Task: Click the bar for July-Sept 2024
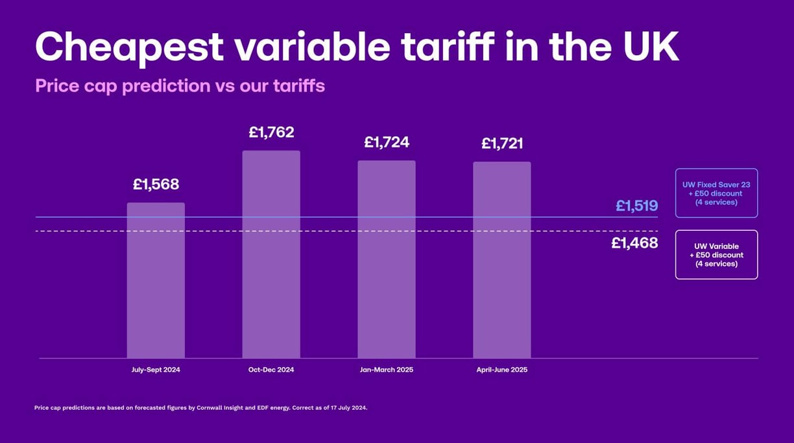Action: pos(156,280)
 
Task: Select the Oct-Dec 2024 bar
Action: pos(271,254)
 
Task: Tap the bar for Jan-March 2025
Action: pos(387,259)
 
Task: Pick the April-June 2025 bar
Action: pos(502,260)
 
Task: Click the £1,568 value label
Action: pos(156,184)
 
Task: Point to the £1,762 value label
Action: pos(272,132)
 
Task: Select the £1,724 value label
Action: pos(387,143)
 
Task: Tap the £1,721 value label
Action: pos(502,143)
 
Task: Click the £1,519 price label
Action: pos(637,206)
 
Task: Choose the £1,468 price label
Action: pos(635,243)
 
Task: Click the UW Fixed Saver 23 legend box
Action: pos(716,193)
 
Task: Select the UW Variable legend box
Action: pos(716,255)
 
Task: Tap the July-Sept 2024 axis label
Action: pos(156,370)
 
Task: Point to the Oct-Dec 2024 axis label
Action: pos(271,370)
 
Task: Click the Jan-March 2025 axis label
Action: pos(387,370)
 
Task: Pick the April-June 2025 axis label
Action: pos(502,370)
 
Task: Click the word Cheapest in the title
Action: pos(129,48)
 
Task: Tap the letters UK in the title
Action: pos(651,47)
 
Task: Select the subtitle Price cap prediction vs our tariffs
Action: pos(180,86)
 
